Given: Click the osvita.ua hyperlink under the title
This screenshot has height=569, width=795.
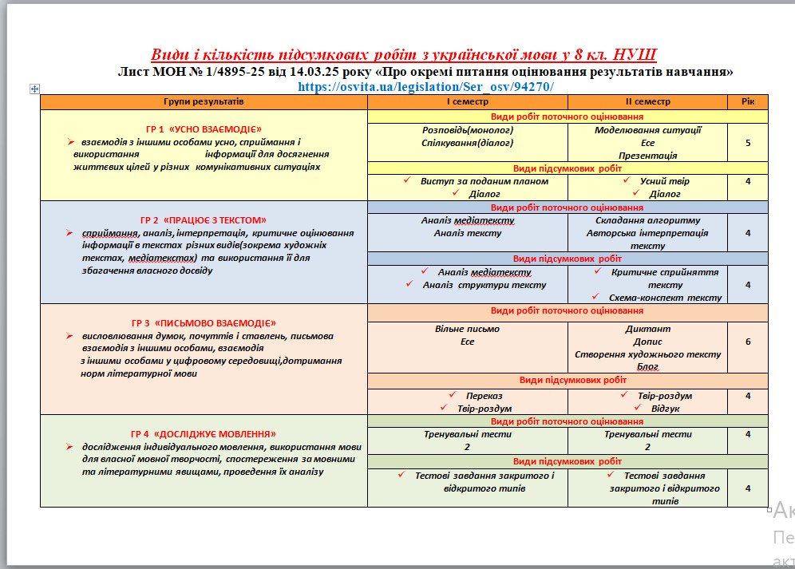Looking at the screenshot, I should [425, 86].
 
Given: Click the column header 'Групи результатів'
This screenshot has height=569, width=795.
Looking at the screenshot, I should [204, 102].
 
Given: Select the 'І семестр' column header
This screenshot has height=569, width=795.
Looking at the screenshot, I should [468, 102].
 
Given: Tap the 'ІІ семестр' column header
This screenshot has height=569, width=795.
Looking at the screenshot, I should [647, 102].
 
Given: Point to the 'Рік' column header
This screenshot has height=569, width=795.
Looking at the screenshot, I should [748, 102].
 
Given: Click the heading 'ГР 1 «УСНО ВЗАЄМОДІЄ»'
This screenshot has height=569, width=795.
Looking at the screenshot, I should [204, 128].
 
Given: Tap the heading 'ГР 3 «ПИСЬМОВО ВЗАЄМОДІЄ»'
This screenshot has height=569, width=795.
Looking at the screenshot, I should [204, 323].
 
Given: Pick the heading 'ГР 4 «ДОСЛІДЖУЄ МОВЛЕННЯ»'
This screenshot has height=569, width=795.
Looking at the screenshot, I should [204, 433].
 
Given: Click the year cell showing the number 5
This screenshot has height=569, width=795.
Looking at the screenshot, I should [748, 143].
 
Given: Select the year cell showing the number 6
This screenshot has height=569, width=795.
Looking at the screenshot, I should [748, 341].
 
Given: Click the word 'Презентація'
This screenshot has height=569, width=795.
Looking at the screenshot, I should [647, 156].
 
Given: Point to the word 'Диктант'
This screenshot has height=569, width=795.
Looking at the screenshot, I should [647, 328].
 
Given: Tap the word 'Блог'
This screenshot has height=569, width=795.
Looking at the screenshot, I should [647, 366].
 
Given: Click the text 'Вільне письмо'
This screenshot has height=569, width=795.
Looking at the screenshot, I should [468, 328].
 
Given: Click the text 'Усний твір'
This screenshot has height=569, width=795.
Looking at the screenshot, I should [664, 181].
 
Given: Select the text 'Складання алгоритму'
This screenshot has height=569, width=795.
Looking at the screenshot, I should [647, 220].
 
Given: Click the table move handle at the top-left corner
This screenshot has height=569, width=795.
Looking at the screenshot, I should [34, 89].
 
